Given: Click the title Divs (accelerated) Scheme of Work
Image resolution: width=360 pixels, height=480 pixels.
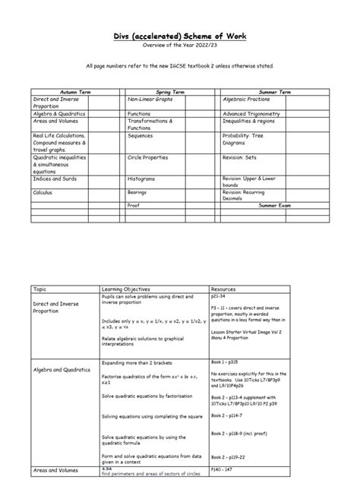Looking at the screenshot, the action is click(180, 36).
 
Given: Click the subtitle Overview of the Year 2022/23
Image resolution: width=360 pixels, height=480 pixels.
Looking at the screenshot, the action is click(180, 46).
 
